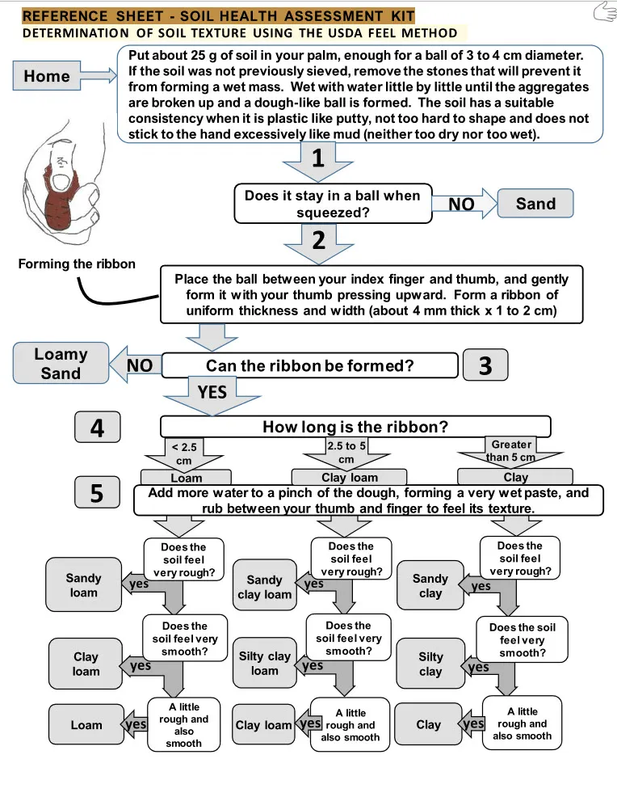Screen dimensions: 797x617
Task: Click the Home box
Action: [x=47, y=76]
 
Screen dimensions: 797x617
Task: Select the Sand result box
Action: [x=535, y=204]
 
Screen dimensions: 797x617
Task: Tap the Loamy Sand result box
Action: [x=61, y=364]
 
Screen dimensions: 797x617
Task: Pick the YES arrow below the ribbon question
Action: [x=212, y=391]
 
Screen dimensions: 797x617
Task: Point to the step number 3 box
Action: [x=485, y=365]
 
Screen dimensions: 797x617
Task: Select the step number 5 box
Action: [x=97, y=492]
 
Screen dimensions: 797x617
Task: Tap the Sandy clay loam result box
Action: [x=265, y=587]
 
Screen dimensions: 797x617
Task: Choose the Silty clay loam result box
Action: [x=265, y=663]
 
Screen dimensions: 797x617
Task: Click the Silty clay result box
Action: [x=430, y=664]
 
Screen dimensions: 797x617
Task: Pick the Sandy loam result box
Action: [x=84, y=585]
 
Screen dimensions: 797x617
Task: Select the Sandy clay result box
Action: [x=430, y=586]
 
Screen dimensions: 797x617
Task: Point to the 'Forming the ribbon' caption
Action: [x=77, y=264]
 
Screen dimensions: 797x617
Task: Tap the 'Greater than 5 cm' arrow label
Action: [x=510, y=451]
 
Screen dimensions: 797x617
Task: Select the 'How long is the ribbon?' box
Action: [x=355, y=426]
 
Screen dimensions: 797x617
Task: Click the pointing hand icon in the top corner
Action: [x=604, y=11]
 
